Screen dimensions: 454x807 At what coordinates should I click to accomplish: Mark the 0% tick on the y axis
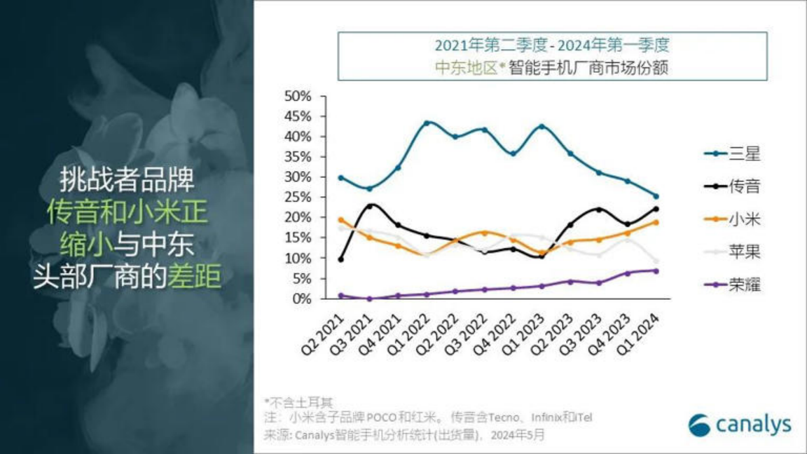300,299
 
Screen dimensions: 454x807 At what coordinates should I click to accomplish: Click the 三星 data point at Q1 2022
427,123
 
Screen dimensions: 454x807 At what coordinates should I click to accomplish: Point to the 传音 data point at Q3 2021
370,206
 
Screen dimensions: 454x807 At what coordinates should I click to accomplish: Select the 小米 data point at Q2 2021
341,220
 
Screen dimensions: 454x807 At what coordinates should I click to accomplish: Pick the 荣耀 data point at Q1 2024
656,270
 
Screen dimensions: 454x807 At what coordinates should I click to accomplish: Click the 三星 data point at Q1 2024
656,196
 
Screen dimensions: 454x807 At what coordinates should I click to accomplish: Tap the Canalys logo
740,425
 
